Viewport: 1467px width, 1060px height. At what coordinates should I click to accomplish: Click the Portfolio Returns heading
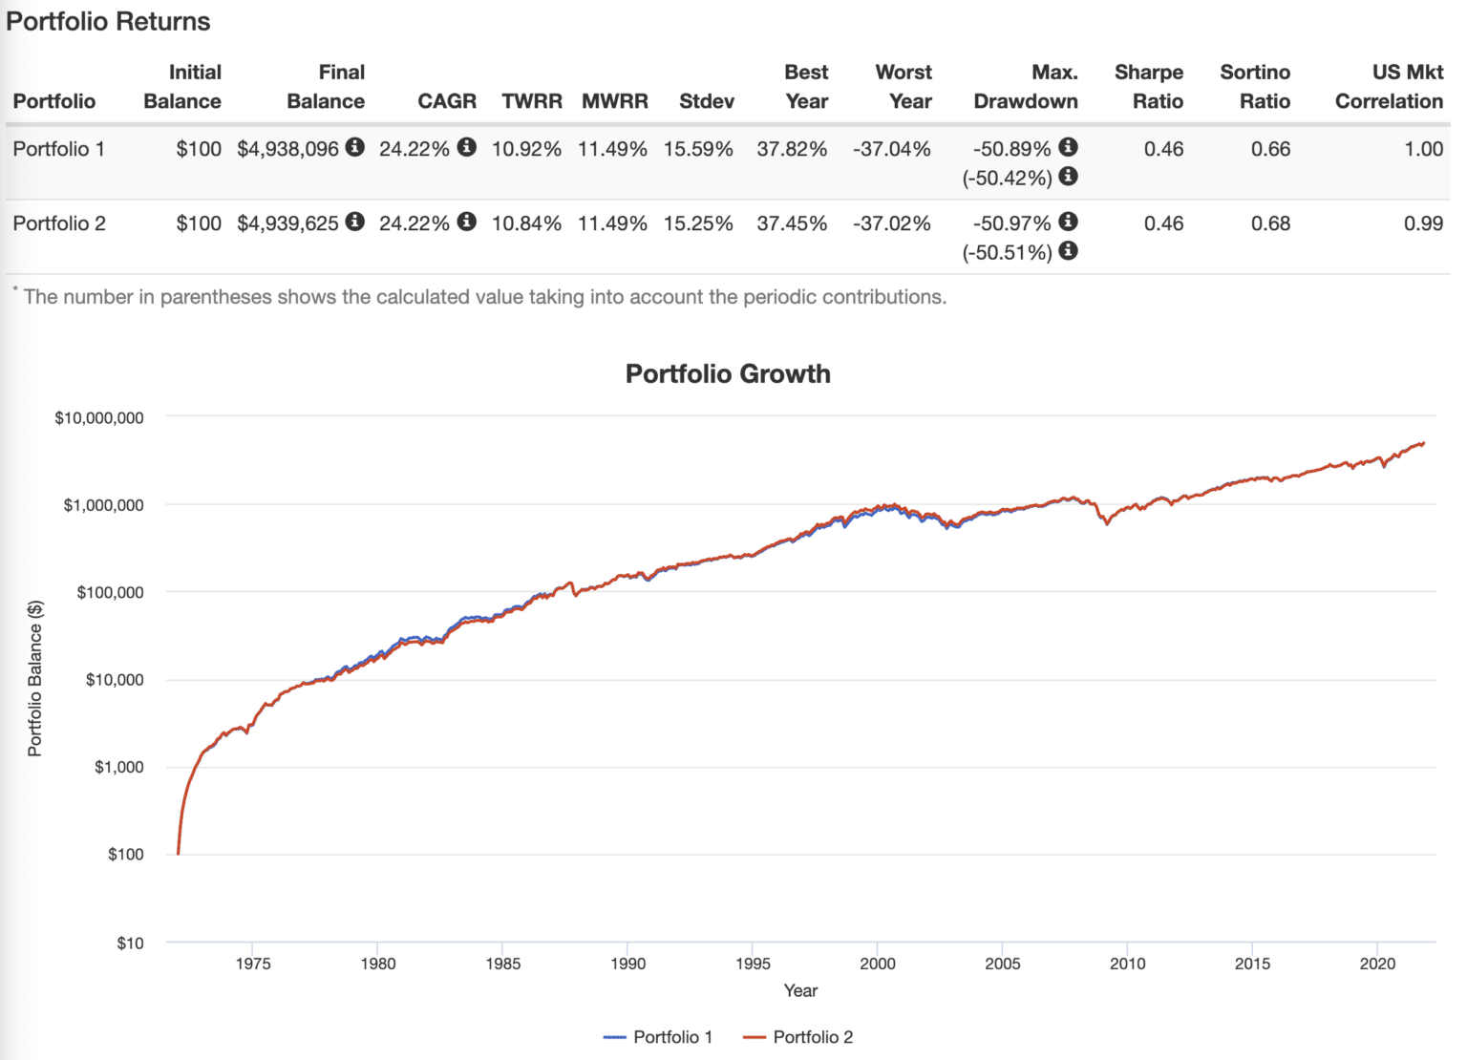(x=108, y=22)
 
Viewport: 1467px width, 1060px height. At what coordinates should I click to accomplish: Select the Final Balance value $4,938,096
(x=287, y=149)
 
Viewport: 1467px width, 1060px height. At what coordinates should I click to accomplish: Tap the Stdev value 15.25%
(x=698, y=223)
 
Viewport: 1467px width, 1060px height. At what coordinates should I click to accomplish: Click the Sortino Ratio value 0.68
(x=1270, y=223)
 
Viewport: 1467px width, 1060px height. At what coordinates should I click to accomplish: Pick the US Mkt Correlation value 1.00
(x=1423, y=149)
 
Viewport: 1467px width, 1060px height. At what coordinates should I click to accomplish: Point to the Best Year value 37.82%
(x=792, y=149)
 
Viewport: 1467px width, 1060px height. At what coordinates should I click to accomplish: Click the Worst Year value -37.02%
(x=891, y=223)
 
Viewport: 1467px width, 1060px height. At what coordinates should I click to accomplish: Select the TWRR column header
(x=532, y=101)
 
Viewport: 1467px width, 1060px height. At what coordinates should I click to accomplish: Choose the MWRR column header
(x=615, y=101)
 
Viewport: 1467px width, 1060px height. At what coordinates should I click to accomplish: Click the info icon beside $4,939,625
(x=355, y=222)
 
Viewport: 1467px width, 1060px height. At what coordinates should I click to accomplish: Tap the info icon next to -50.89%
(x=1069, y=147)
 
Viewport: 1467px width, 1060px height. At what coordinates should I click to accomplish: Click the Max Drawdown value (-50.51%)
(x=1008, y=253)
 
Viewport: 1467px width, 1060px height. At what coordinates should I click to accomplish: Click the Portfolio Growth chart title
(x=728, y=373)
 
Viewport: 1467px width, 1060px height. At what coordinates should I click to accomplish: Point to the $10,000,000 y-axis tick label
(x=99, y=418)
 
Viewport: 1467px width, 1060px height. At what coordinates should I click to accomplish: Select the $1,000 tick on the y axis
(x=119, y=767)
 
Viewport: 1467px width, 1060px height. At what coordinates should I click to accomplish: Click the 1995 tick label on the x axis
(x=753, y=964)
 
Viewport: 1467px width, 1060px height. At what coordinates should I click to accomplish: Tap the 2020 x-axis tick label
(x=1377, y=964)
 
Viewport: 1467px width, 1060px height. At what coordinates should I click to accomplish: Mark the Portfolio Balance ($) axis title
(x=35, y=679)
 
